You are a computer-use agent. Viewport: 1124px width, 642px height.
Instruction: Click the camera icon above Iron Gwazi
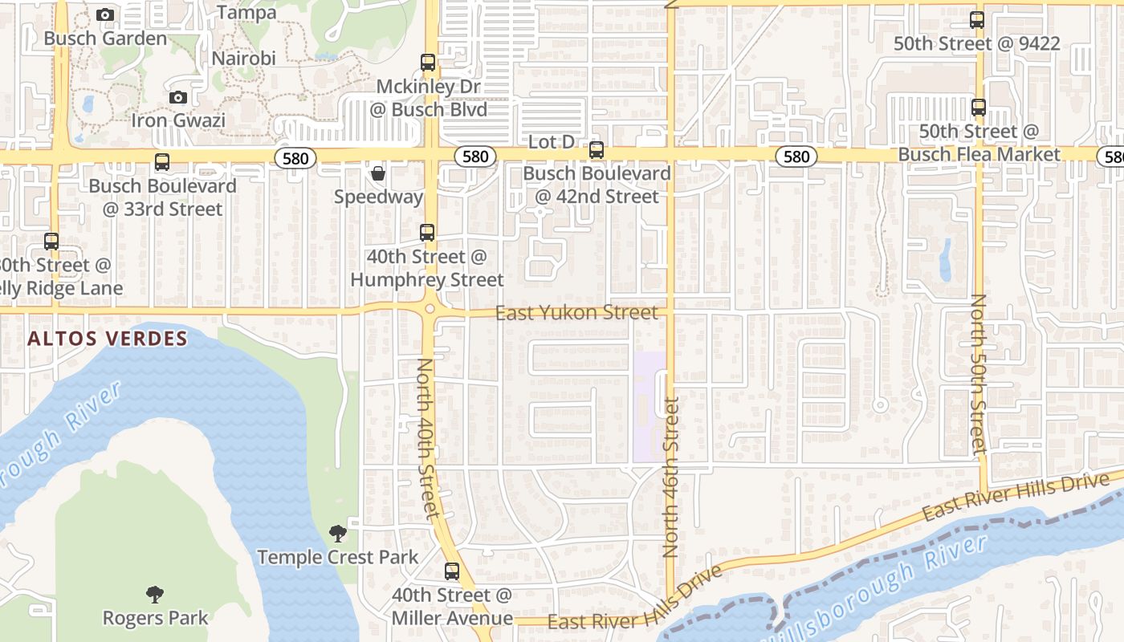[x=178, y=98]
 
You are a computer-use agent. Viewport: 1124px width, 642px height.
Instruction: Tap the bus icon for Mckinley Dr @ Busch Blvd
[x=428, y=62]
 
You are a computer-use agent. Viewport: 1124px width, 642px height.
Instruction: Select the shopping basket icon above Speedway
[x=378, y=173]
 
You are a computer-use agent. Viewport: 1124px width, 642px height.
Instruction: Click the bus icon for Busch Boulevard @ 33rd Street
[x=162, y=162]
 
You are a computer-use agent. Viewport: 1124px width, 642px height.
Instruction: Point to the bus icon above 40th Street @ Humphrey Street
[x=427, y=233]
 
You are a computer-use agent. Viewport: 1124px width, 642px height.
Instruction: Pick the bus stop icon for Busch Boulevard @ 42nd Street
[x=597, y=150]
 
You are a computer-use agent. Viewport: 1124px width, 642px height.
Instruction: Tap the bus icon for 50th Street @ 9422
[x=977, y=21]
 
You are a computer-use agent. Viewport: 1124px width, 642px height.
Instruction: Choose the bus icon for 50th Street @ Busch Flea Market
[x=979, y=108]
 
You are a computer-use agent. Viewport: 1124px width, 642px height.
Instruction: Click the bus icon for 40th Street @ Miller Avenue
[x=452, y=571]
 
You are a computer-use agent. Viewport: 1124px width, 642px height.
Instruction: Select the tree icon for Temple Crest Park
[x=338, y=534]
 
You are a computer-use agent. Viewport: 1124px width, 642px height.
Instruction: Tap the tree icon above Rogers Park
[x=155, y=595]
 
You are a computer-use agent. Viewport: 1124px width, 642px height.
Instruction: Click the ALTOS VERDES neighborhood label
[x=108, y=339]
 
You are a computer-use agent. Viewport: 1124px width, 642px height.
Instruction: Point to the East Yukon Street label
[x=576, y=312]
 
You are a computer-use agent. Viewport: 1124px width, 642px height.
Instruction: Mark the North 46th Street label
[x=671, y=477]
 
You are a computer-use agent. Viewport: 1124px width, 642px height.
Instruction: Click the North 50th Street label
[x=978, y=374]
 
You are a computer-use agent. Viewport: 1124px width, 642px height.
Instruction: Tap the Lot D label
[x=552, y=142]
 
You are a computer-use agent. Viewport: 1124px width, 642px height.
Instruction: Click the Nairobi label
[x=243, y=59]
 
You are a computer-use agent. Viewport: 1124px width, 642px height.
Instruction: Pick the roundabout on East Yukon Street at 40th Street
[x=430, y=309]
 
